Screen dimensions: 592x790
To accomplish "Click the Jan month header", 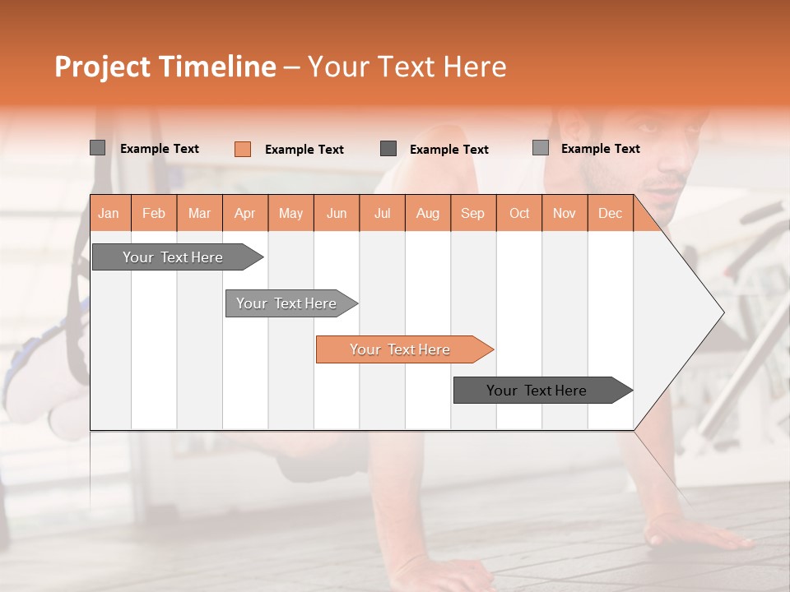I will [x=109, y=214].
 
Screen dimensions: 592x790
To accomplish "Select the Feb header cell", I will [x=154, y=214].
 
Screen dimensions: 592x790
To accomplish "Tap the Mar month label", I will [x=199, y=214].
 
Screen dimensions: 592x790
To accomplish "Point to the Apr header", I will [x=244, y=214].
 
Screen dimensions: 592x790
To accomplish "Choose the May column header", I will [x=290, y=214].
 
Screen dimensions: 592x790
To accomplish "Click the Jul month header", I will [x=382, y=214].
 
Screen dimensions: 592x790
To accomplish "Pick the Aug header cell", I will [x=428, y=214].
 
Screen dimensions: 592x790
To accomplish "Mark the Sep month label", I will [x=473, y=214].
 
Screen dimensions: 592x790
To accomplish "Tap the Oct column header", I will [x=519, y=214].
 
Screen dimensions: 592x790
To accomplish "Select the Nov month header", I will [x=565, y=214].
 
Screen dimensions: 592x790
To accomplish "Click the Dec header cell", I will [x=610, y=214].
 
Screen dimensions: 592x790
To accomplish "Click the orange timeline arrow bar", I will [x=401, y=349].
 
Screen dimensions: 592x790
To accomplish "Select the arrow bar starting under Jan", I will [x=174, y=257].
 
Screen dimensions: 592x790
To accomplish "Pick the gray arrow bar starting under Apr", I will [x=287, y=303].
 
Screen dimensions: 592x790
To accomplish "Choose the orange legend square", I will [x=243, y=149].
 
